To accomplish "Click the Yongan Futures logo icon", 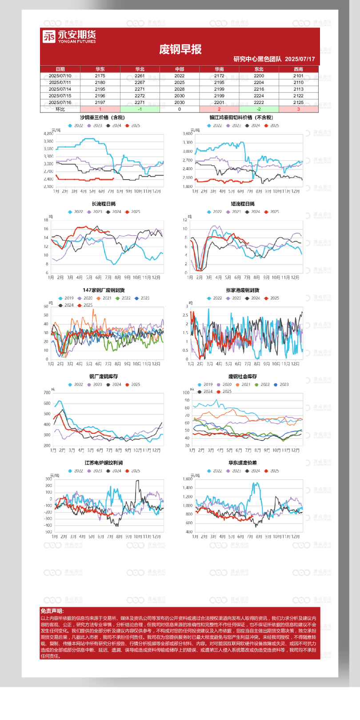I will pyautogui.click(x=49, y=36).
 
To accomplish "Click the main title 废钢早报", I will pyautogui.click(x=180, y=49).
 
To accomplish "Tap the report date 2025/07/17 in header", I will pyautogui.click(x=300, y=59).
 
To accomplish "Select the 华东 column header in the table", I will pyautogui.click(x=100, y=69).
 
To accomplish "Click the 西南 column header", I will pyautogui.click(x=298, y=69).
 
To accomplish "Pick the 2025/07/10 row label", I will pyautogui.click(x=60, y=76).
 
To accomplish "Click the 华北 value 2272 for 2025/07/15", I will pyautogui.click(x=140, y=96).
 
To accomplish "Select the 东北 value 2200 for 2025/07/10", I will pyautogui.click(x=259, y=76).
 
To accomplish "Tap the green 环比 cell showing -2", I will pyautogui.click(x=259, y=109).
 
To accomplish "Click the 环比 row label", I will pyautogui.click(x=60, y=109).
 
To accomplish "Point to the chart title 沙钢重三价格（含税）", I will pyautogui.click(x=102, y=117).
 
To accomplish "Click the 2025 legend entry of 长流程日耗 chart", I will pyautogui.click(x=133, y=212).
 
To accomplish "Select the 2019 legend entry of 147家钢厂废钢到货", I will pyautogui.click(x=66, y=298).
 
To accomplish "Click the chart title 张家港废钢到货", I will pyautogui.click(x=243, y=290).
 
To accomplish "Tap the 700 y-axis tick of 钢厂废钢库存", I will pyautogui.click(x=47, y=392).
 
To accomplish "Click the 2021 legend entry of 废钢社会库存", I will pyautogui.click(x=244, y=384).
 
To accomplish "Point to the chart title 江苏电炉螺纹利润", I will pyautogui.click(x=104, y=463).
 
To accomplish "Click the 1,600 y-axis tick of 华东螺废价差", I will pyautogui.click(x=188, y=479).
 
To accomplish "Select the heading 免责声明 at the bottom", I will pyautogui.click(x=52, y=611).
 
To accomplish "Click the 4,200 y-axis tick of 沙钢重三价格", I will pyautogui.click(x=48, y=134).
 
